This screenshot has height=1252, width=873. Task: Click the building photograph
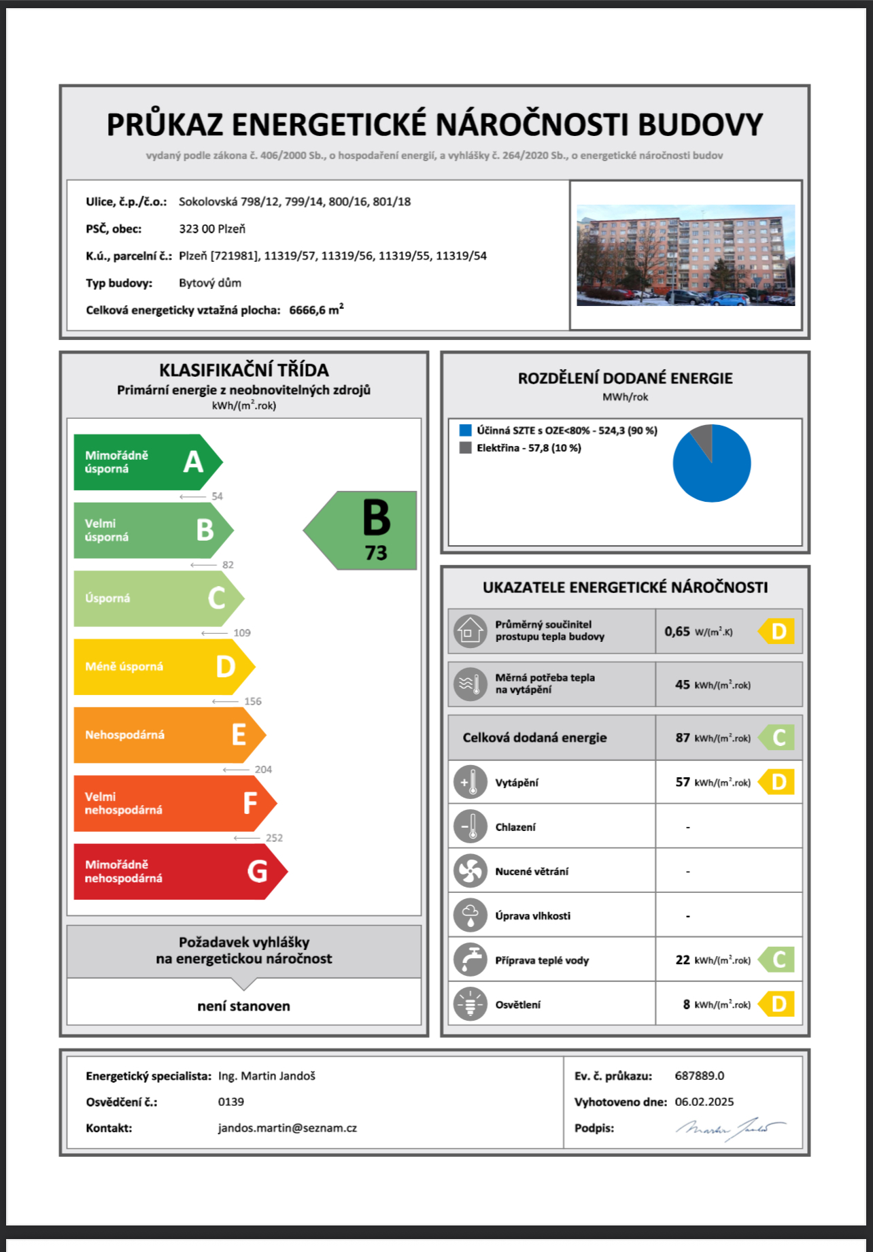(x=685, y=255)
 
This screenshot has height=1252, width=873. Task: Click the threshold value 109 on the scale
(x=242, y=633)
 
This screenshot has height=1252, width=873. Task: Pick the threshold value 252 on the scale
(x=274, y=838)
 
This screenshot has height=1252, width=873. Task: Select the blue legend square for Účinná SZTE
(x=466, y=430)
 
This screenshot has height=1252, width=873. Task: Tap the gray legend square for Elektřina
(x=466, y=448)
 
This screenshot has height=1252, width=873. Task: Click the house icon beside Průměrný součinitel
(x=470, y=631)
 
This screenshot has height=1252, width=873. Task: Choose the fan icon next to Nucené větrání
(x=470, y=871)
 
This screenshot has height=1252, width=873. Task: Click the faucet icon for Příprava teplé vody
(x=470, y=960)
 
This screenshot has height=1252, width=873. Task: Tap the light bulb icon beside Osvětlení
(x=470, y=1004)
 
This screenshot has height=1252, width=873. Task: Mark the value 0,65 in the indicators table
(x=677, y=632)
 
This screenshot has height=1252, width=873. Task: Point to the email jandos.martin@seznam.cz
(x=287, y=1128)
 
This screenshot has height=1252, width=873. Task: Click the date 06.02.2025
(x=704, y=1102)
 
